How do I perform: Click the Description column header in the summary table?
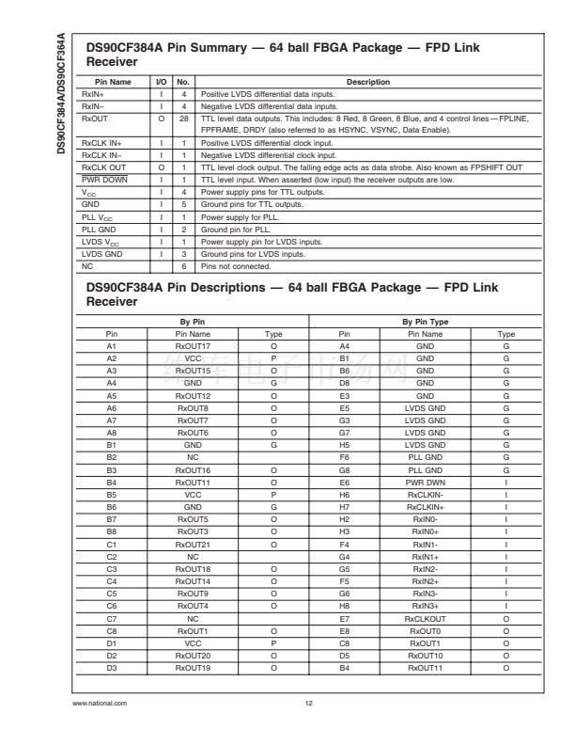pyautogui.click(x=368, y=83)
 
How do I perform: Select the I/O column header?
pyautogui.click(x=161, y=83)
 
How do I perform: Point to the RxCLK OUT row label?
pyautogui.click(x=103, y=166)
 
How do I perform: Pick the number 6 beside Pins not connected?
pyautogui.click(x=184, y=267)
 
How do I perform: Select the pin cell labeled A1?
pyautogui.click(x=112, y=344)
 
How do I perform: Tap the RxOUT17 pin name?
pyautogui.click(x=193, y=344)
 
